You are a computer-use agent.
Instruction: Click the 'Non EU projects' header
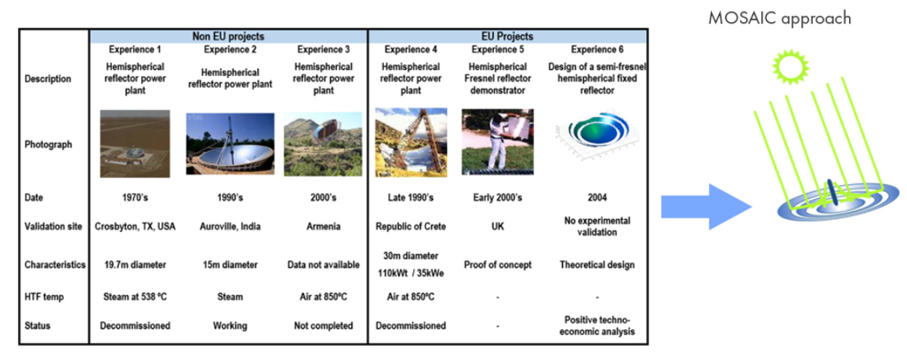pos(228,36)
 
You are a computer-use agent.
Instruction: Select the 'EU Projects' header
pos(507,36)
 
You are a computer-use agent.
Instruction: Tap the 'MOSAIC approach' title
pos(780,19)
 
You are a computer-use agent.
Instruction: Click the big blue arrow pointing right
pos(706,206)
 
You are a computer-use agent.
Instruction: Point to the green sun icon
pos(789,65)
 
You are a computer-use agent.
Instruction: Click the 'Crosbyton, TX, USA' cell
pos(135,227)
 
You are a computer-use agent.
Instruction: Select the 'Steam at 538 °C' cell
pos(135,297)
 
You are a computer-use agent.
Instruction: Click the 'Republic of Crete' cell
pos(411,227)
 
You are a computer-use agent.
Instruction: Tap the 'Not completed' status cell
pos(323,325)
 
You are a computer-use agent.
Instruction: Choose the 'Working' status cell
pos(230,325)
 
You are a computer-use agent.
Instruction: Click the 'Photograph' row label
pos(49,144)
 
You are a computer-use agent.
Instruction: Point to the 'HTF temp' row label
pos(44,297)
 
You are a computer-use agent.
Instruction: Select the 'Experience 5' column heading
pos(497,49)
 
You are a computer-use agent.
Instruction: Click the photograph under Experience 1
pos(135,144)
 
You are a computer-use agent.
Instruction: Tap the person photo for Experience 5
pos(498,142)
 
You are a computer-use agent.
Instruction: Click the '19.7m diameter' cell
pos(135,265)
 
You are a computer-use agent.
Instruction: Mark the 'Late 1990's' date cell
pos(411,198)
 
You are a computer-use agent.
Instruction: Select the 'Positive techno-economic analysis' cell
pos(597,325)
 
